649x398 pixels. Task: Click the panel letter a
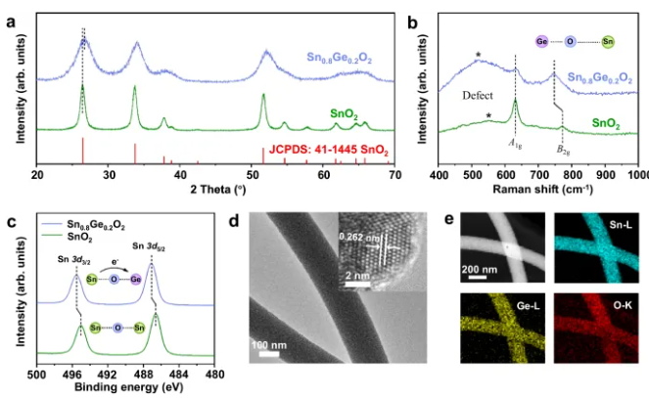(x=12, y=13)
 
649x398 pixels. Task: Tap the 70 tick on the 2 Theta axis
(x=394, y=173)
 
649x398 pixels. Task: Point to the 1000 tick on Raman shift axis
(x=637, y=173)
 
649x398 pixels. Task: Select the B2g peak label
(x=564, y=150)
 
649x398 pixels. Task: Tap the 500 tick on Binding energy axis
(x=35, y=373)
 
